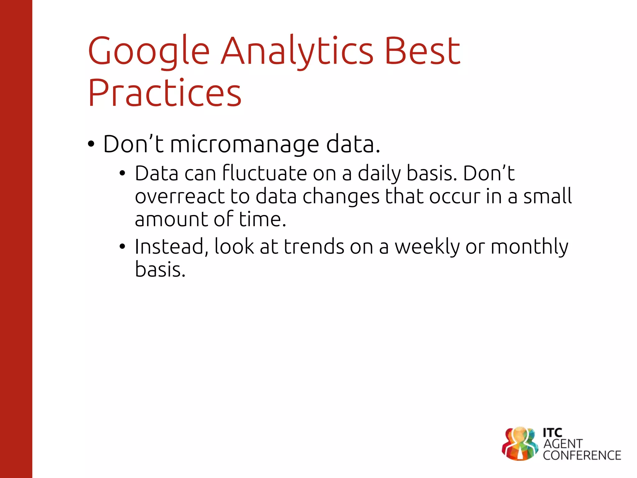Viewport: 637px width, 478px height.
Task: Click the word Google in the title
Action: [149, 51]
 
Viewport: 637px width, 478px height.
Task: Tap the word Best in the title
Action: [422, 51]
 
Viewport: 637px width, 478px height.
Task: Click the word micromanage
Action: [244, 144]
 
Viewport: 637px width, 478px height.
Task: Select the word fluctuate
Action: [264, 173]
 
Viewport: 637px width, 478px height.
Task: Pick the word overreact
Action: [179, 197]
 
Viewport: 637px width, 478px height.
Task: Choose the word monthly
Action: [529, 247]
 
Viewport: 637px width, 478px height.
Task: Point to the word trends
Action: [314, 247]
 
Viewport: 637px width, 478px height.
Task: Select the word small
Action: [547, 197]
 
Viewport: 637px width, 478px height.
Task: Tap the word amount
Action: [171, 219]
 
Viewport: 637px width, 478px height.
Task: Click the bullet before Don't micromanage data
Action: [91, 144]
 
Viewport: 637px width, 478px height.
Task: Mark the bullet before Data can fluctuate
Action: [123, 173]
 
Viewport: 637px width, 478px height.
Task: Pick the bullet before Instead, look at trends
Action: [123, 247]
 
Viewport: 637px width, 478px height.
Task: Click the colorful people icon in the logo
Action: [520, 444]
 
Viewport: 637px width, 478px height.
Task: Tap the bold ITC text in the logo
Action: [552, 433]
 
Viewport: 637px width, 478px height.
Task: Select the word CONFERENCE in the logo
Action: [582, 456]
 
